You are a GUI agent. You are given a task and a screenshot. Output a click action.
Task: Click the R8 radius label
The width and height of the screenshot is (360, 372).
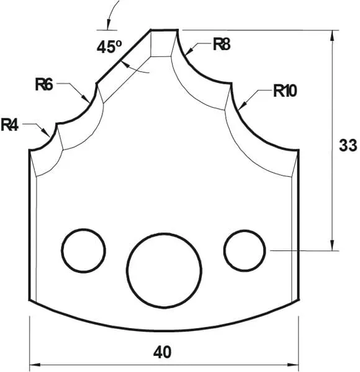(222, 44)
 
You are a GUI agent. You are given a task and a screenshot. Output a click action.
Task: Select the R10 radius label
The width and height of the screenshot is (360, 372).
(285, 91)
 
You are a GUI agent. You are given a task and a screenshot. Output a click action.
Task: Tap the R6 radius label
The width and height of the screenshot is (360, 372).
(44, 84)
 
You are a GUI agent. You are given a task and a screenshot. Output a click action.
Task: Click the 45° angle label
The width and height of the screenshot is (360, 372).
(109, 46)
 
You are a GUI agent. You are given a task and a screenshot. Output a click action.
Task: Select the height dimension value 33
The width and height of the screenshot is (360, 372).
(348, 146)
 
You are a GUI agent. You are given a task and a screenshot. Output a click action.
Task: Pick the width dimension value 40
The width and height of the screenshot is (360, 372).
(163, 352)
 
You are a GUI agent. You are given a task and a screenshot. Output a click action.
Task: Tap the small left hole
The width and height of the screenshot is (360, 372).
(83, 250)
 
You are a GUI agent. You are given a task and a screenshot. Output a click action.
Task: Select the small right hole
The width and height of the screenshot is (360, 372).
(245, 250)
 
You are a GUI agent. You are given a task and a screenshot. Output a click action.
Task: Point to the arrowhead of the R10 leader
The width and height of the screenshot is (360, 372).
(241, 107)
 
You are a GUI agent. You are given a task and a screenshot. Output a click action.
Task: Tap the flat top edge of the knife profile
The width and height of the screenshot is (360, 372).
(164, 30)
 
